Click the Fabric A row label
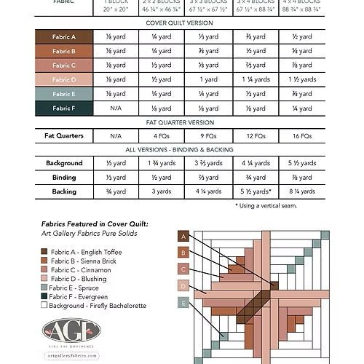tap(63, 36)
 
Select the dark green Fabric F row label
tap(63, 108)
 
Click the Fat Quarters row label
tap(63, 135)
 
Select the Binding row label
tap(63, 177)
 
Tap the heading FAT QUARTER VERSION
tap(181, 122)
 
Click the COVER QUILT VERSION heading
tap(181, 23)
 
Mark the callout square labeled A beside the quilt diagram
tap(183, 237)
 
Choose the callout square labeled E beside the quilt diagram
tap(183, 302)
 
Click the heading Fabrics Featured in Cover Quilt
tap(88, 223)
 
